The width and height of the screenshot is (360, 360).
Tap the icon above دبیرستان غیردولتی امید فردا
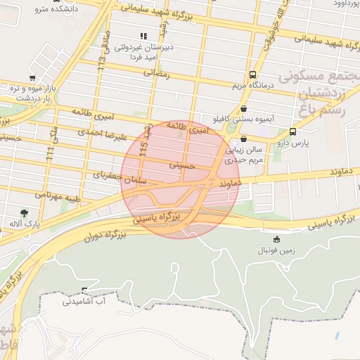[144, 36]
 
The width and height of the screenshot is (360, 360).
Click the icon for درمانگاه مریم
[252, 75]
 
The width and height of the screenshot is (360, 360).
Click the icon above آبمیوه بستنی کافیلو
[244, 108]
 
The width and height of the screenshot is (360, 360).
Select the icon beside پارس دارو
[292, 131]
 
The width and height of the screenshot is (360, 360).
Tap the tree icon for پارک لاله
[25, 212]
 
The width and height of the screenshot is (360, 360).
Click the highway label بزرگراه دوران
[100, 233]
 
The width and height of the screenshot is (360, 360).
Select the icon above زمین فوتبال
[276, 239]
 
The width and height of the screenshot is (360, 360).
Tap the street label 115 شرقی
[146, 140]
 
